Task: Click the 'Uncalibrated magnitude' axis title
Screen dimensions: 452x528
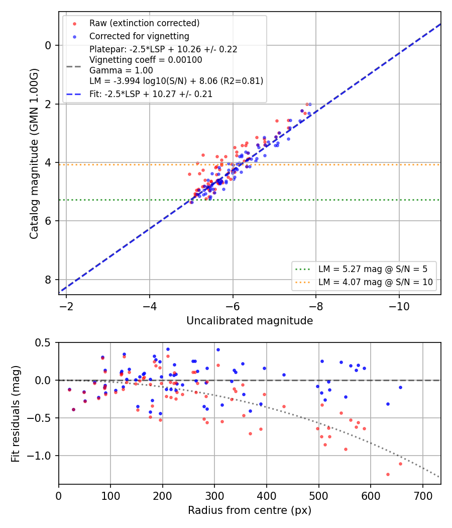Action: (250, 321)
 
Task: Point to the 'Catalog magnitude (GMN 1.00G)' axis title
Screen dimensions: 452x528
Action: (34, 154)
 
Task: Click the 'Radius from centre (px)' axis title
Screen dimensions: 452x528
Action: (250, 510)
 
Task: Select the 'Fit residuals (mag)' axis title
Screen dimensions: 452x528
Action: (16, 414)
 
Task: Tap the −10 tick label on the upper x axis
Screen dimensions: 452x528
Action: (399, 306)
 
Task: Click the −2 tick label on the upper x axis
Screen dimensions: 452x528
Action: (66, 306)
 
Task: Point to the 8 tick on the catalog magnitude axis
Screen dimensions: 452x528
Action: (48, 280)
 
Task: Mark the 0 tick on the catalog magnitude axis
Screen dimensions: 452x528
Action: (48, 45)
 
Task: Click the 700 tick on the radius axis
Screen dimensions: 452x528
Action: (423, 496)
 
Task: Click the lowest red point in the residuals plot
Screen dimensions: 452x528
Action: (388, 475)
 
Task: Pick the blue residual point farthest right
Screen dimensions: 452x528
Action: (400, 388)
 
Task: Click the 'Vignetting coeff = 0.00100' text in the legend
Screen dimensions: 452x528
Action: (146, 60)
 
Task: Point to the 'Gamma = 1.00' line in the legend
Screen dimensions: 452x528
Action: (121, 70)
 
